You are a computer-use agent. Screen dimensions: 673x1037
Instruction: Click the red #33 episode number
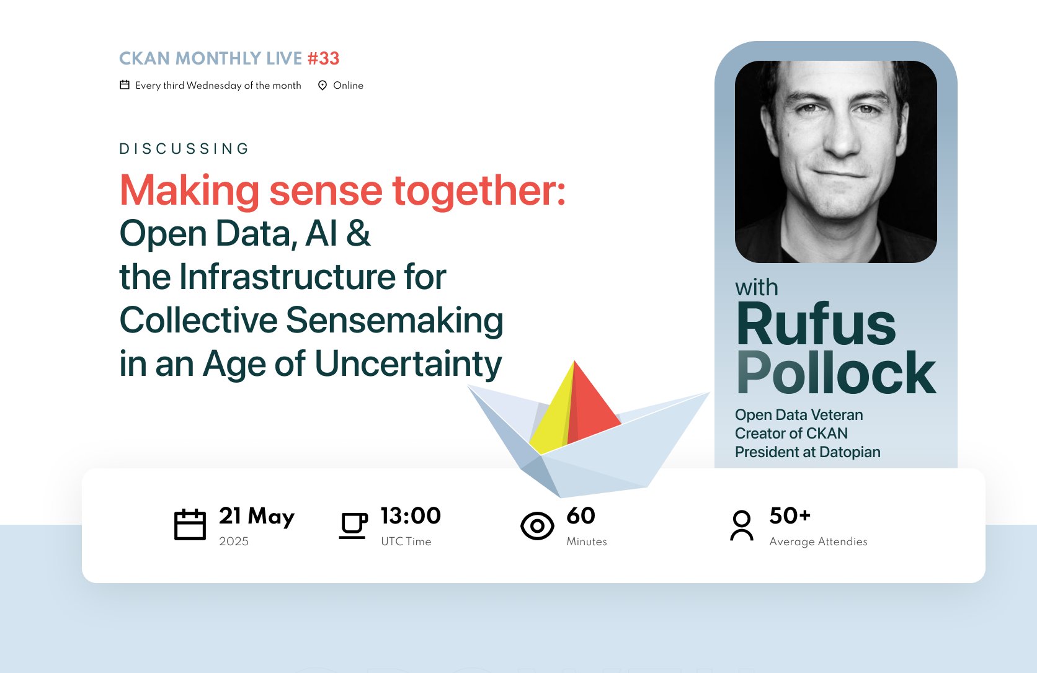pyautogui.click(x=323, y=58)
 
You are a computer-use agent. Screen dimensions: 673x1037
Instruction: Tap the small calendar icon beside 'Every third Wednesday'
pyautogui.click(x=125, y=85)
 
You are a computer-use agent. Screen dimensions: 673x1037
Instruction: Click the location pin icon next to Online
pyautogui.click(x=323, y=86)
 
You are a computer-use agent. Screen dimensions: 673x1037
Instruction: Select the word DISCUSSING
pyautogui.click(x=184, y=149)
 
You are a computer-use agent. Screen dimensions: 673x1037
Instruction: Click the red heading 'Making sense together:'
pyautogui.click(x=342, y=190)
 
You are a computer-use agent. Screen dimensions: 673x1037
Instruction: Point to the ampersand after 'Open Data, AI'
pyautogui.click(x=358, y=234)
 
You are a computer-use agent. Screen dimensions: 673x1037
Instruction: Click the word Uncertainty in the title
pyautogui.click(x=408, y=364)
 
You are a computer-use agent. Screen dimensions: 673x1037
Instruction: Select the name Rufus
pyautogui.click(x=816, y=324)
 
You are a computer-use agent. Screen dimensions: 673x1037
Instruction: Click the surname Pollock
pyautogui.click(x=836, y=373)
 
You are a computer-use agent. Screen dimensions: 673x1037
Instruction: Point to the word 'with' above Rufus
pyautogui.click(x=756, y=288)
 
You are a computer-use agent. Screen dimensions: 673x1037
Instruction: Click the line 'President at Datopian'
pyautogui.click(x=808, y=452)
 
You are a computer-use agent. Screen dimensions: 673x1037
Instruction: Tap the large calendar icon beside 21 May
pyautogui.click(x=190, y=525)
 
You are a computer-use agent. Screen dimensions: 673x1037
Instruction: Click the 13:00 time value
pyautogui.click(x=411, y=516)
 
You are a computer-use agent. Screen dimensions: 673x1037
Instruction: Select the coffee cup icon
pyautogui.click(x=353, y=525)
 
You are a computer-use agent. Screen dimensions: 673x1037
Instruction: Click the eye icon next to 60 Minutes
pyautogui.click(x=537, y=526)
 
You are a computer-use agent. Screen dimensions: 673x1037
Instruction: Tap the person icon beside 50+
pyautogui.click(x=742, y=525)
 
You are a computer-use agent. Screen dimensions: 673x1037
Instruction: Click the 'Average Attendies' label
pyautogui.click(x=818, y=542)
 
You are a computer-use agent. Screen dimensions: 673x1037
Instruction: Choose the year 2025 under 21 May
pyautogui.click(x=234, y=542)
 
